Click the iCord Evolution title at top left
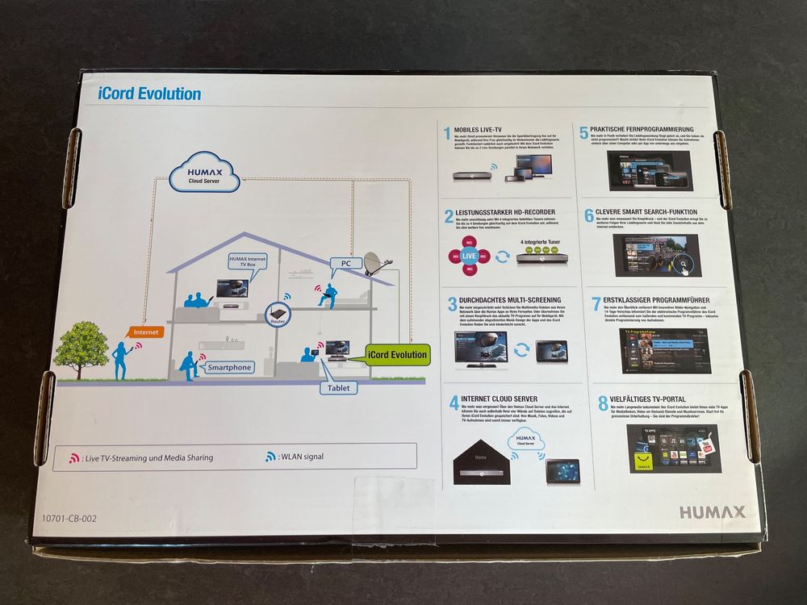point(149,94)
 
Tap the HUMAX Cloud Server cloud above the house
point(204,175)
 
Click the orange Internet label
point(146,331)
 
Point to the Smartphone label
point(229,367)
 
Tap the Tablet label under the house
point(339,388)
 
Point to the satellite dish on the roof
point(374,264)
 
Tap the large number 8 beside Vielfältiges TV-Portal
point(603,402)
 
